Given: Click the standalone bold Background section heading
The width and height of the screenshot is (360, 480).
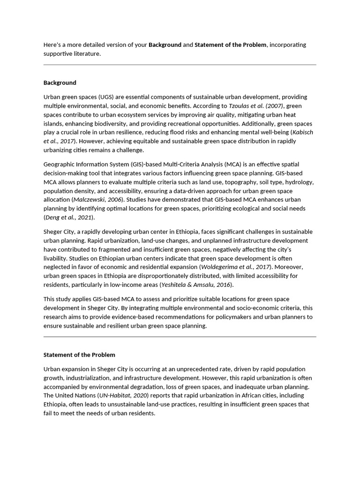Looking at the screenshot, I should (60, 83).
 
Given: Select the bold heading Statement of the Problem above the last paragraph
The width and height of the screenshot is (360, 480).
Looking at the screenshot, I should (79, 355).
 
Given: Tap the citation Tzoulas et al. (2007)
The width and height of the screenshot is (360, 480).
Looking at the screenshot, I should (256, 106).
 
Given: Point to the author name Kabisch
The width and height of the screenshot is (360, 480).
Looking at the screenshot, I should (302, 132).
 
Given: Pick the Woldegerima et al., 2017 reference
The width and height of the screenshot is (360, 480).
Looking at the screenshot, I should (229, 267).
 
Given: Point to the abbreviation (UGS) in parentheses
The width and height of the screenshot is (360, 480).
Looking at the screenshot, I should (105, 97).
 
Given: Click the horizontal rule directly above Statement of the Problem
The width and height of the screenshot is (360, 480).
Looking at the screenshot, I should (180, 337).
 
